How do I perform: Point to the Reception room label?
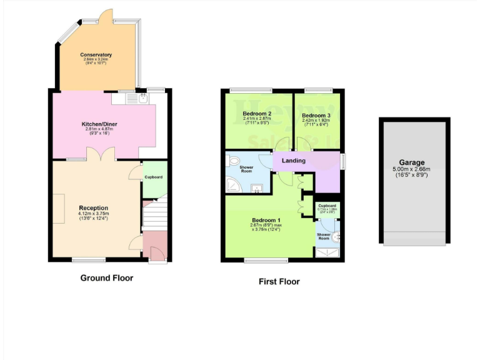pos(94,208)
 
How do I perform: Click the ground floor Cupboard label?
pos(154,177)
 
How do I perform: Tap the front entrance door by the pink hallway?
pos(154,252)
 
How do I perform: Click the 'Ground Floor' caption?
pos(107,278)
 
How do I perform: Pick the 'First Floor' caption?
pos(279,282)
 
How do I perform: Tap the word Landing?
pos(294,161)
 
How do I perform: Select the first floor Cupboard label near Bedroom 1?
pos(327,206)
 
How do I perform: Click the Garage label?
pos(413,162)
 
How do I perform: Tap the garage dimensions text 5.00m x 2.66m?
pos(413,169)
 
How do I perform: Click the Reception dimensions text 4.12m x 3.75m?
pos(94,214)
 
